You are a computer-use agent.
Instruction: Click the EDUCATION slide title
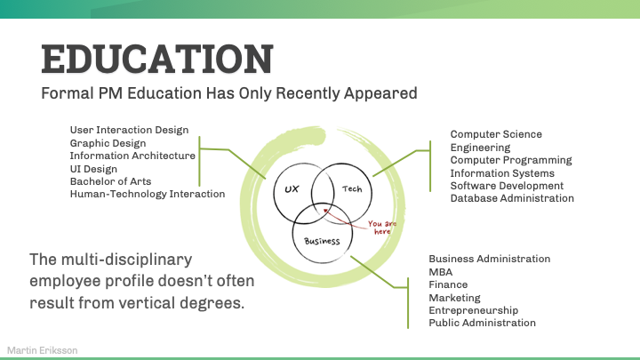[157, 59]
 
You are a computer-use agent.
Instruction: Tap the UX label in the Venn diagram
[292, 189]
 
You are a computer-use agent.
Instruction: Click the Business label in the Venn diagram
[322, 241]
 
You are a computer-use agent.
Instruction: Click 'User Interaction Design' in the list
[129, 130]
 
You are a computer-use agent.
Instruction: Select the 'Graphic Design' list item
[108, 142]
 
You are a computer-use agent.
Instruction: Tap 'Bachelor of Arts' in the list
[110, 181]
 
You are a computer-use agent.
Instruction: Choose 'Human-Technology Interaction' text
[147, 194]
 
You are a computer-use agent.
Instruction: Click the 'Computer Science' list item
[496, 134]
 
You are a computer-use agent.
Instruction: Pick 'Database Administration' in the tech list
[512, 198]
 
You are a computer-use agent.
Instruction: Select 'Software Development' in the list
[507, 186]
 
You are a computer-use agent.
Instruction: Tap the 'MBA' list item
[441, 272]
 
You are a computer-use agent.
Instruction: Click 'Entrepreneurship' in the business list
[474, 310]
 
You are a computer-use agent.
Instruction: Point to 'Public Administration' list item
[482, 323]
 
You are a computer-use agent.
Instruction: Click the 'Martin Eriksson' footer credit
[42, 350]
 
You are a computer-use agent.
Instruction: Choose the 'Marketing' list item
[454, 298]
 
